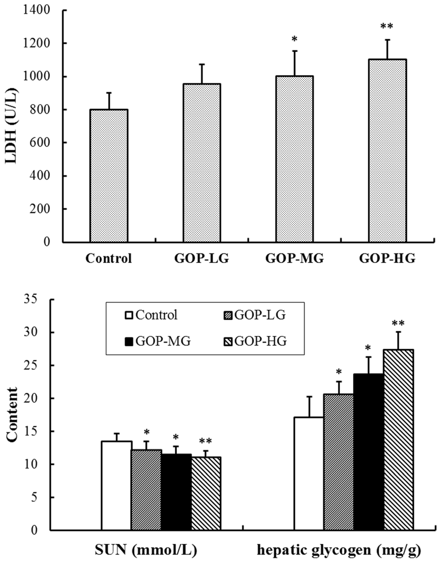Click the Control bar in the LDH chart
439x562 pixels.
(x=109, y=176)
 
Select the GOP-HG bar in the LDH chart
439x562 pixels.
(x=387, y=150)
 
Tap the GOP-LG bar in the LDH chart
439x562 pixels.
(x=202, y=163)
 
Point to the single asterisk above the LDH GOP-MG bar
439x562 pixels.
(x=294, y=39)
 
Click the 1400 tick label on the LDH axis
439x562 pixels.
(x=36, y=10)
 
